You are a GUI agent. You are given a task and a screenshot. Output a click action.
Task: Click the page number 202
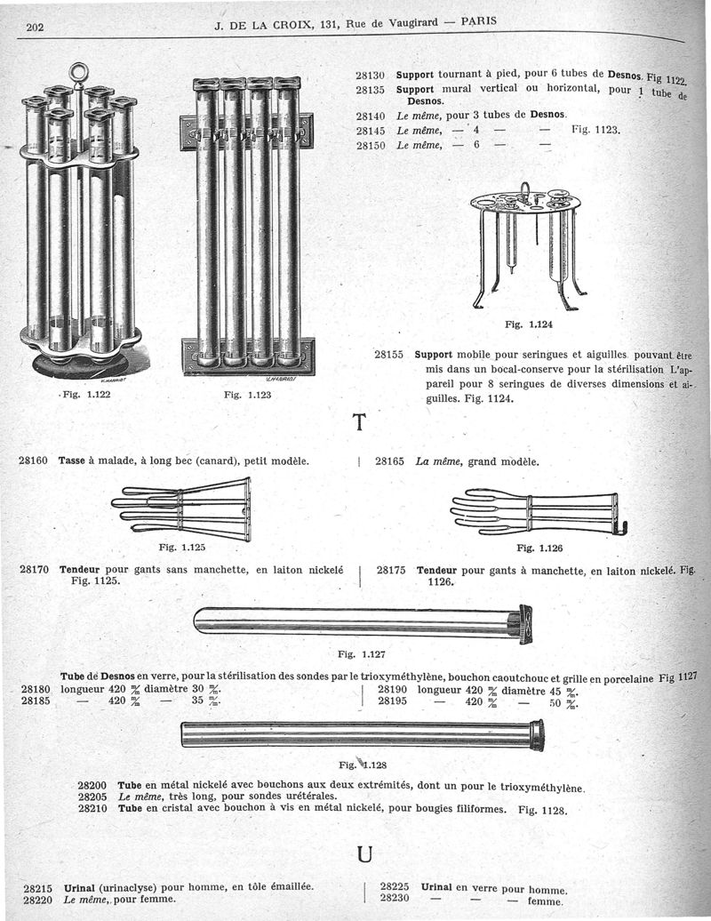36,27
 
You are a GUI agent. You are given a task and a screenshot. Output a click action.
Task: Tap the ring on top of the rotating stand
79,70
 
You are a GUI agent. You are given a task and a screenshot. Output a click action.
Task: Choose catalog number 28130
369,76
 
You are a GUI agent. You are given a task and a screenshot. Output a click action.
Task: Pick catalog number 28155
389,354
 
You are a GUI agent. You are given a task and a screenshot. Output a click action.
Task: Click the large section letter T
360,422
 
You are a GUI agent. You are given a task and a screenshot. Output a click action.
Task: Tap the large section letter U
363,854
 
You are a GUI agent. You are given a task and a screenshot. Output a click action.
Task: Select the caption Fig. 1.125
182,548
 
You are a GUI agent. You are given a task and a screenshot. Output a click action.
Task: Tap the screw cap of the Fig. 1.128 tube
537,735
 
